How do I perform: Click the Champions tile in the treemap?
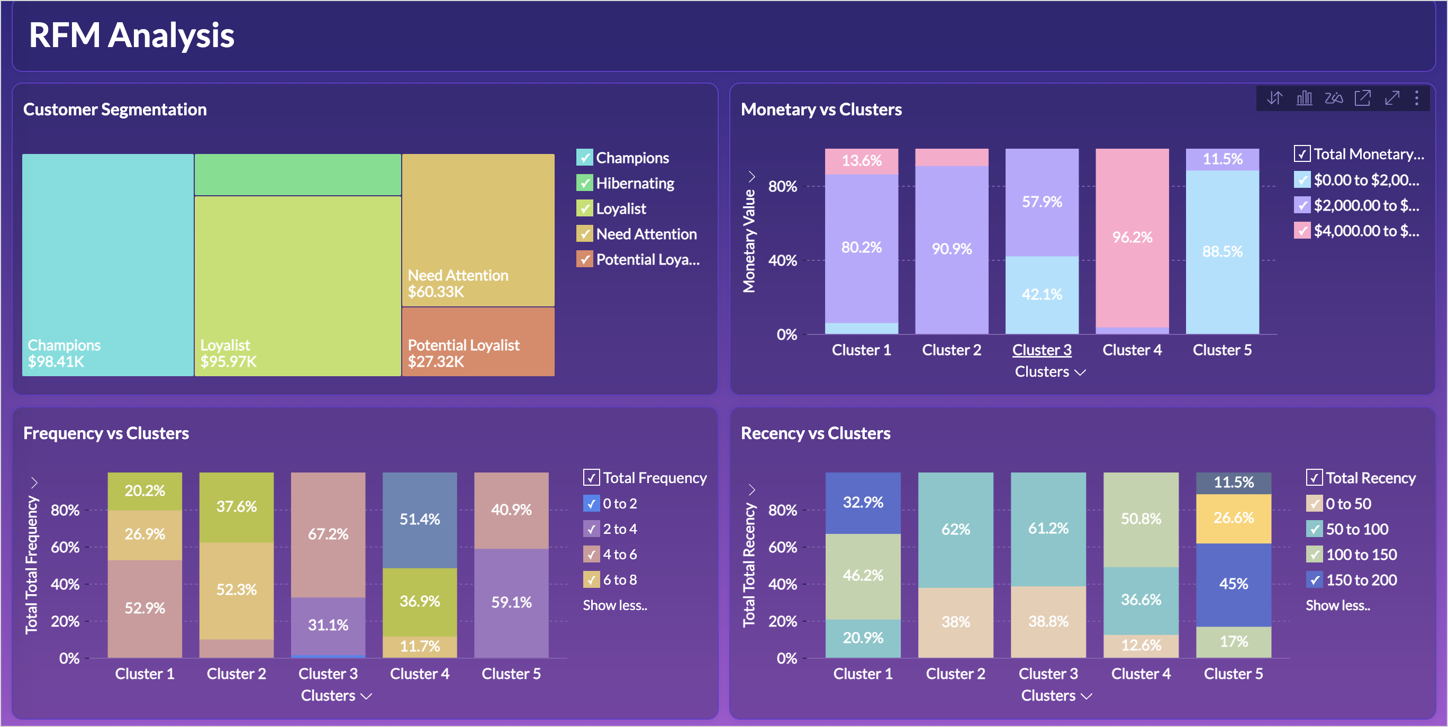pyautogui.click(x=108, y=264)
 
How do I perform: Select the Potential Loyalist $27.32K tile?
pyautogui.click(x=478, y=342)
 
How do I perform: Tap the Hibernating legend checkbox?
pyautogui.click(x=585, y=183)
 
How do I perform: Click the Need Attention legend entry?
pyautogui.click(x=646, y=234)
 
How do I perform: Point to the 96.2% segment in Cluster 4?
pyautogui.click(x=1132, y=238)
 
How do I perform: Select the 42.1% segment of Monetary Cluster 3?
pyautogui.click(x=1042, y=294)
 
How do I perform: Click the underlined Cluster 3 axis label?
pyautogui.click(x=1042, y=350)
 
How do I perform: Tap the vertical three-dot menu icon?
pyautogui.click(x=1417, y=98)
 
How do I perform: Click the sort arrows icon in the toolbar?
pyautogui.click(x=1274, y=98)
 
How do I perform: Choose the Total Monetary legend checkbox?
pyautogui.click(x=1302, y=154)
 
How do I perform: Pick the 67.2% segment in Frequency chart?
pyautogui.click(x=328, y=534)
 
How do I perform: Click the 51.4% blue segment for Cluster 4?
pyautogui.click(x=419, y=519)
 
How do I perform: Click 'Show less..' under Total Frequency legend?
pyautogui.click(x=615, y=605)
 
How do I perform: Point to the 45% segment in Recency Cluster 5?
pyautogui.click(x=1233, y=584)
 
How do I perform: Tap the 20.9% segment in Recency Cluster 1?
pyautogui.click(x=862, y=638)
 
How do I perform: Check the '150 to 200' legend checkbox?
pyautogui.click(x=1314, y=580)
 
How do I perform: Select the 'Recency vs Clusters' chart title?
pyautogui.click(x=815, y=433)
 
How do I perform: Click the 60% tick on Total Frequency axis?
pyautogui.click(x=65, y=547)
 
